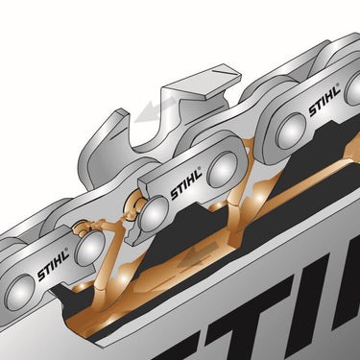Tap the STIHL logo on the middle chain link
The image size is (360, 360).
[x=187, y=182]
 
